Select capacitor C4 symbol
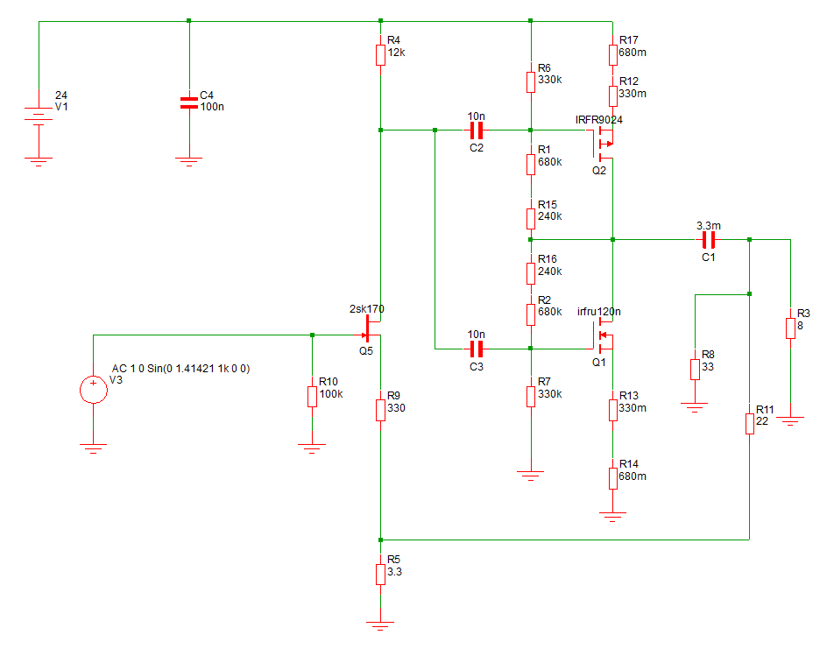pyautogui.click(x=189, y=102)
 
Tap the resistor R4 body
pyautogui.click(x=380, y=55)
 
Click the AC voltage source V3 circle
pyautogui.click(x=94, y=390)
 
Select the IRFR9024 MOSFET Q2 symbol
pyautogui.click(x=604, y=144)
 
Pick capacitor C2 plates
pyautogui.click(x=477, y=130)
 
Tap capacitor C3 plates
pyautogui.click(x=477, y=349)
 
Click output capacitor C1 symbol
pyautogui.click(x=708, y=240)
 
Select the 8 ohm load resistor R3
pyautogui.click(x=790, y=328)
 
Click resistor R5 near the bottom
pyautogui.click(x=380, y=575)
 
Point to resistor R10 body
pyautogui.click(x=312, y=396)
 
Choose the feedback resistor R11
pyautogui.click(x=749, y=424)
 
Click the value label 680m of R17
pyautogui.click(x=633, y=53)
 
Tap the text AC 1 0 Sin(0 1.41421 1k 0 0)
pyautogui.click(x=180, y=368)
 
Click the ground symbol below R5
pyautogui.click(x=380, y=625)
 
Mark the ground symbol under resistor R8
pyautogui.click(x=695, y=407)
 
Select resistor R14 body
pyautogui.click(x=612, y=478)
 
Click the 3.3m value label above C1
pyautogui.click(x=709, y=226)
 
